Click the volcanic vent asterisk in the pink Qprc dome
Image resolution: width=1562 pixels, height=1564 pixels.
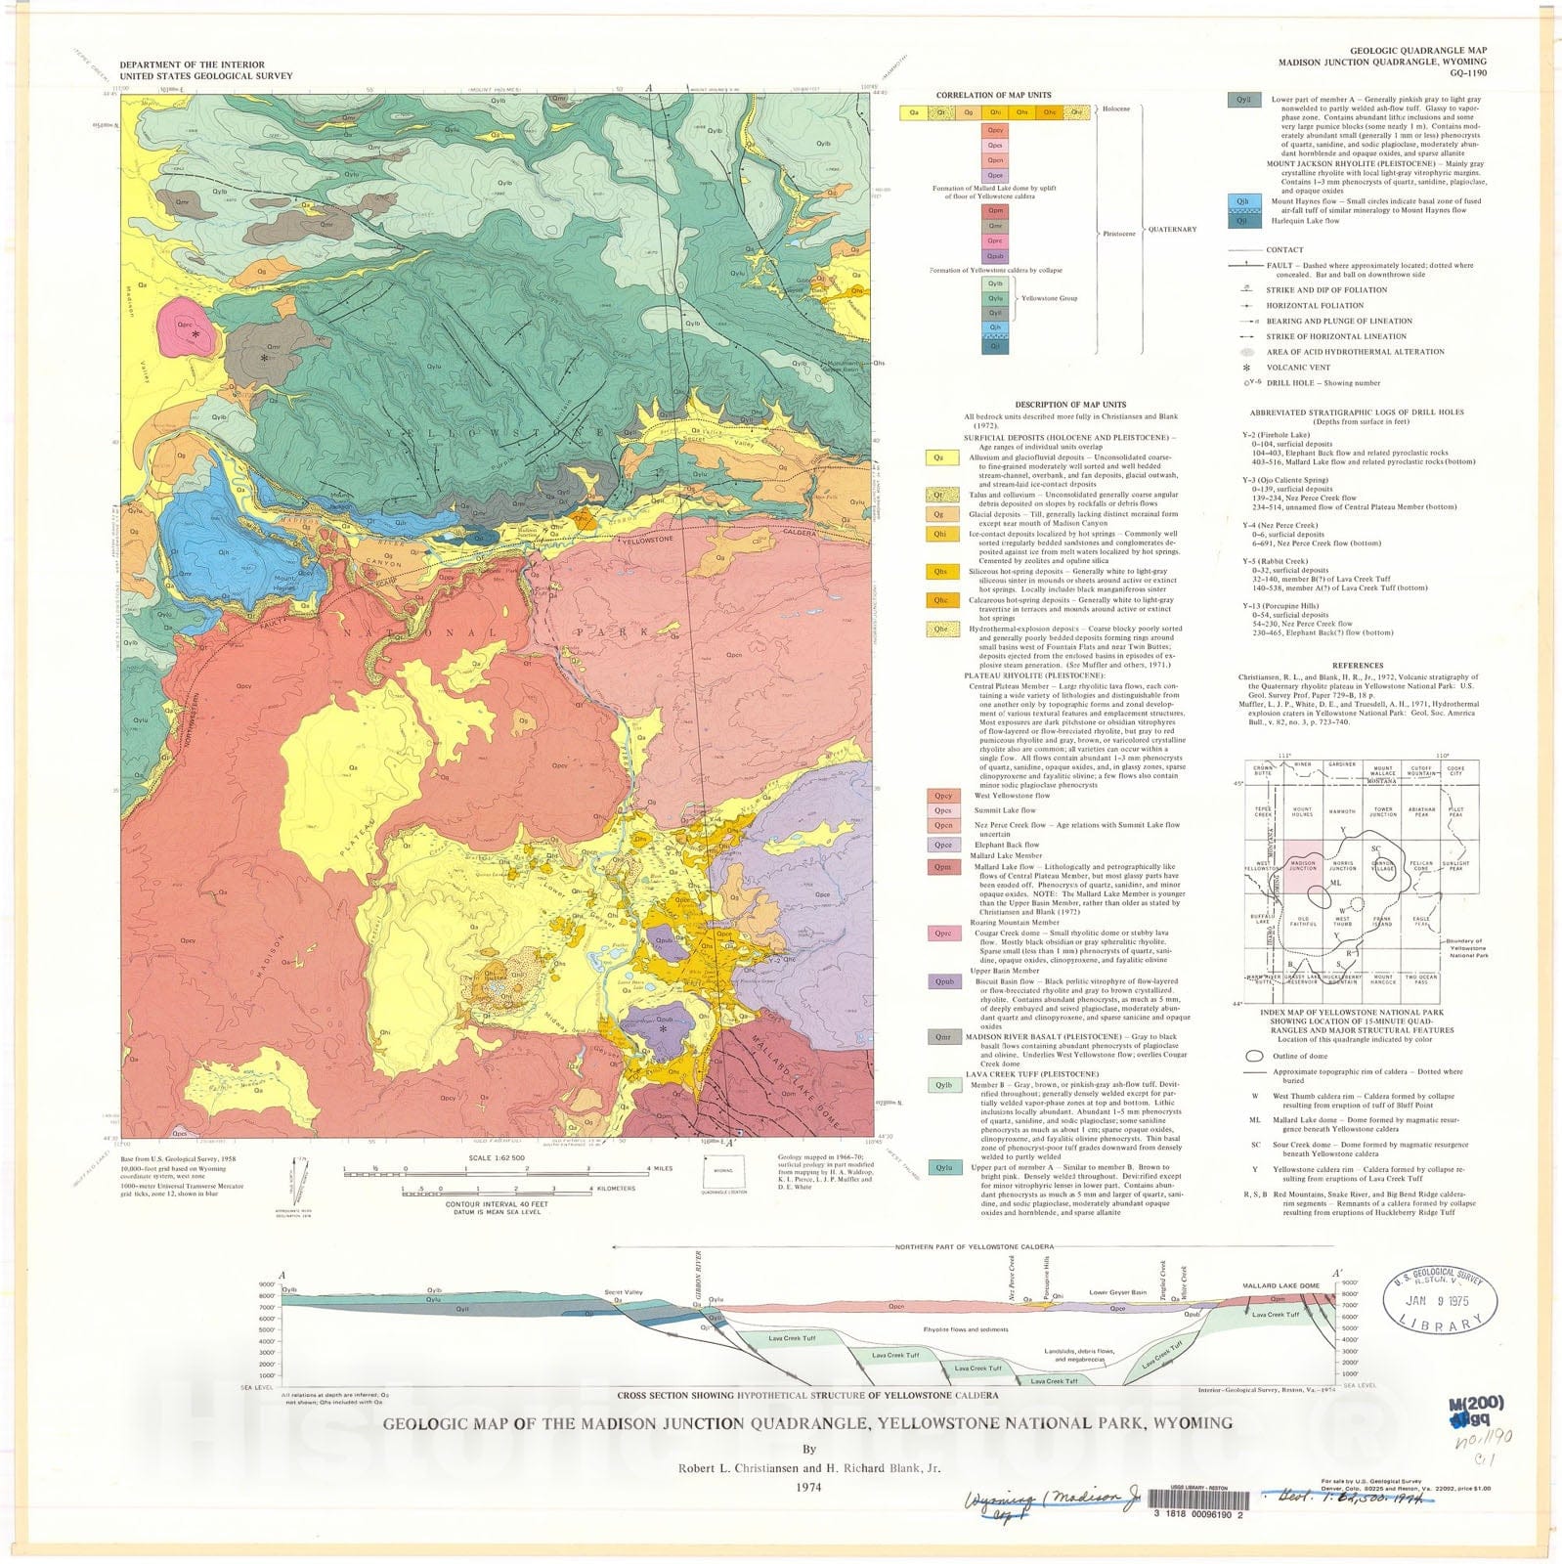click(195, 334)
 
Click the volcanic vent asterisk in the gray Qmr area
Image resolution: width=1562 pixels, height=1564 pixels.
click(264, 359)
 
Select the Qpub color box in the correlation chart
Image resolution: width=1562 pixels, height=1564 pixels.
click(994, 256)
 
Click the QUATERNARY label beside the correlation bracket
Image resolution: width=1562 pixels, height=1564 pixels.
click(1172, 230)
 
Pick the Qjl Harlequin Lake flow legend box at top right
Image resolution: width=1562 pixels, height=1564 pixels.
click(1241, 221)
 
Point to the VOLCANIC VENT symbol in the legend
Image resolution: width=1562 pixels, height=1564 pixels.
click(1246, 368)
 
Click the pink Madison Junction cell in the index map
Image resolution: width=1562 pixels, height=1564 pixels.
click(1302, 866)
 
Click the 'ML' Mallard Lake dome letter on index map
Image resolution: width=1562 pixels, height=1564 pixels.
click(1336, 884)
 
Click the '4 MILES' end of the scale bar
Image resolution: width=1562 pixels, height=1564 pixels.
click(661, 1169)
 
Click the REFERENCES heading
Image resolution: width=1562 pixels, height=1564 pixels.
click(1357, 666)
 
